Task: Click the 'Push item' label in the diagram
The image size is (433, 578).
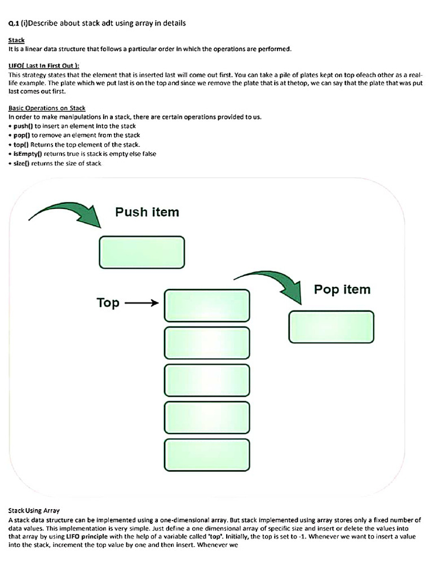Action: pos(147,212)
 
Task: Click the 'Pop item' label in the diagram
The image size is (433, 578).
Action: pos(342,290)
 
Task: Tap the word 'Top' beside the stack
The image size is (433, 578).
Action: pos(108,303)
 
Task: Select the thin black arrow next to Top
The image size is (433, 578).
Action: pos(142,303)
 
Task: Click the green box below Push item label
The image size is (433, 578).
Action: pos(142,251)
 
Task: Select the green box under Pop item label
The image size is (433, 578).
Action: pos(331,327)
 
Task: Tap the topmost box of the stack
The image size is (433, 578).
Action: pos(206,305)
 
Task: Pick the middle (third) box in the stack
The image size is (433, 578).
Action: pos(206,380)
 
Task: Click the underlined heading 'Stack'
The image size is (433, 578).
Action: pos(16,41)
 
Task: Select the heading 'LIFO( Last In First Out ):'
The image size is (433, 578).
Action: pos(44,65)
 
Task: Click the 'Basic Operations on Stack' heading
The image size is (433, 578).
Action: pos(47,108)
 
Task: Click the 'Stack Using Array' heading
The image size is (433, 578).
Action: pos(34,510)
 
